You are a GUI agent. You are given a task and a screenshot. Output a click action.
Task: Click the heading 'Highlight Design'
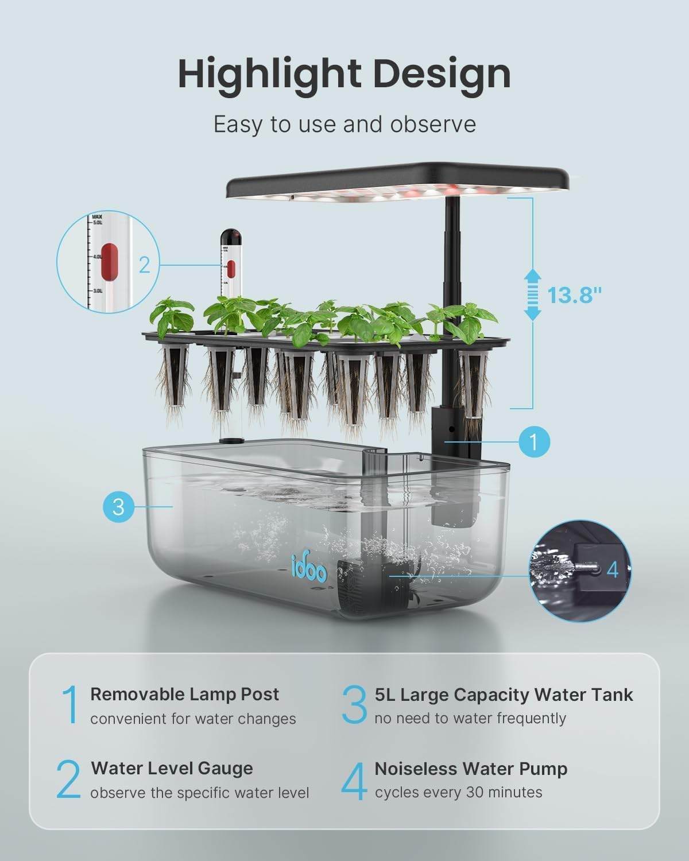pyautogui.click(x=344, y=74)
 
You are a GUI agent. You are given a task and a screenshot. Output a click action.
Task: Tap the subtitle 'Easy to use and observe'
pyautogui.click(x=344, y=124)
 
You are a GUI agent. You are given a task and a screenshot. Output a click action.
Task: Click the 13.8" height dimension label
pyautogui.click(x=574, y=295)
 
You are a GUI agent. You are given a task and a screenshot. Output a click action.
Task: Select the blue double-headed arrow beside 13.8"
pyautogui.click(x=533, y=295)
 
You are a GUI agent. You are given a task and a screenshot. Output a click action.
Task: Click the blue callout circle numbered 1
pyautogui.click(x=534, y=442)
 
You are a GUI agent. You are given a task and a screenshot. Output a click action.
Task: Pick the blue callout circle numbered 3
pyautogui.click(x=119, y=507)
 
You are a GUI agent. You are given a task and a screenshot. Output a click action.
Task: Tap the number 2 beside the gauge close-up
pyautogui.click(x=144, y=265)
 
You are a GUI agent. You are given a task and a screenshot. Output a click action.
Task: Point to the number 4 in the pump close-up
pyautogui.click(x=613, y=569)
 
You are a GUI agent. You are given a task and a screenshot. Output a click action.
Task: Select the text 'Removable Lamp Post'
pyautogui.click(x=184, y=694)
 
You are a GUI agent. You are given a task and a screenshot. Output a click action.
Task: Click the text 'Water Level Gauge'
pyautogui.click(x=172, y=768)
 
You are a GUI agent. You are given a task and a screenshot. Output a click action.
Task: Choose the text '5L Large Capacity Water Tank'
pyautogui.click(x=504, y=695)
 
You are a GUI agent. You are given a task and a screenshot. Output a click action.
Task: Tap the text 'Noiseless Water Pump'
pyautogui.click(x=471, y=769)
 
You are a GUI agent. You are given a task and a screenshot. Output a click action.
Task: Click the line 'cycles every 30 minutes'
pyautogui.click(x=458, y=793)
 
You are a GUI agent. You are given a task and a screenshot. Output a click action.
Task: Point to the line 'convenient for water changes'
pyautogui.click(x=193, y=719)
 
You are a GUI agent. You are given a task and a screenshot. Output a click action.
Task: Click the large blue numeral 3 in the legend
pyautogui.click(x=354, y=705)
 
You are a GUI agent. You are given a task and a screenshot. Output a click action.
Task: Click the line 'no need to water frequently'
pyautogui.click(x=470, y=719)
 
